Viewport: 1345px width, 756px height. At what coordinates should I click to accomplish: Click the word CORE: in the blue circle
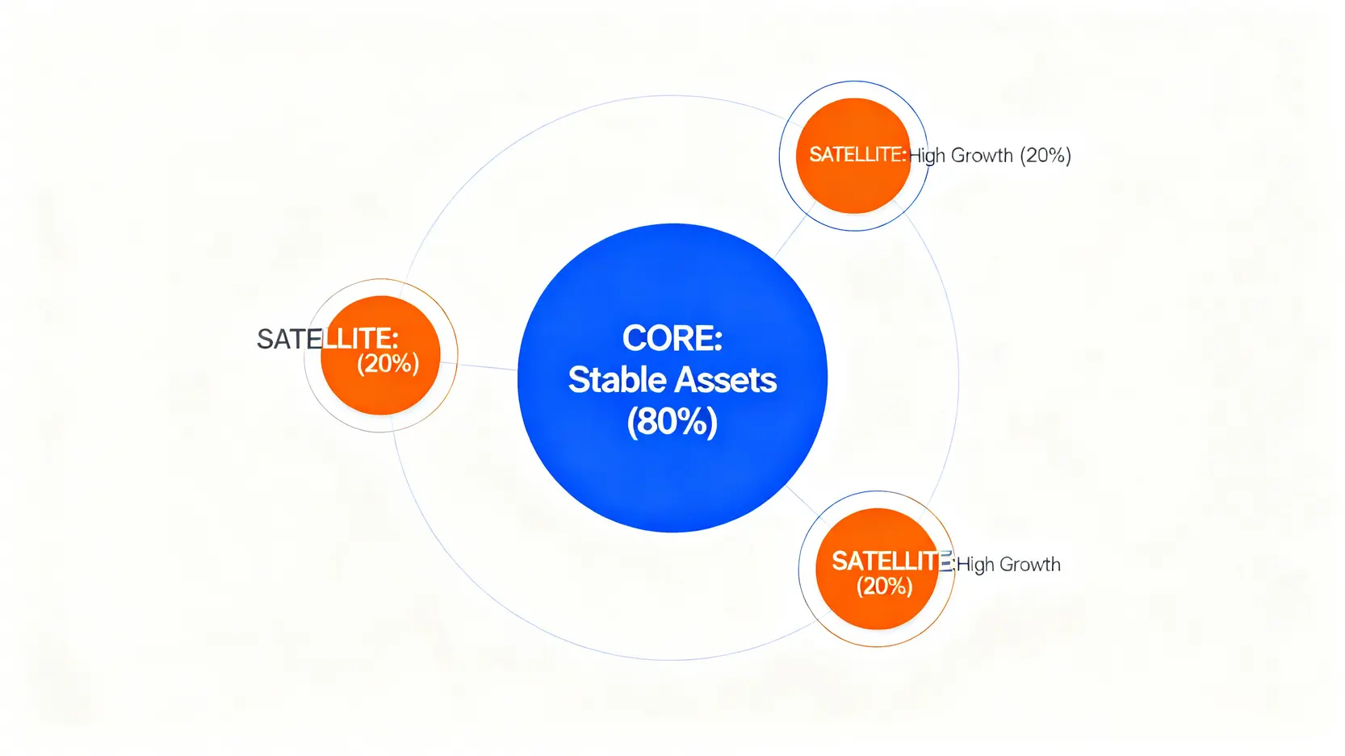[x=672, y=338]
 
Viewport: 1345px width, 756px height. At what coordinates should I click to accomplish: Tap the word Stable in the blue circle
[x=616, y=380]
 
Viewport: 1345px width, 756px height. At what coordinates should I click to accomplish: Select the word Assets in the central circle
[x=725, y=380]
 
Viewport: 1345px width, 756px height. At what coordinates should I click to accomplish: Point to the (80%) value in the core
[x=672, y=423]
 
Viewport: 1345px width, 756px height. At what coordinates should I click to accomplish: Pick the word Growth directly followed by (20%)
[x=983, y=156]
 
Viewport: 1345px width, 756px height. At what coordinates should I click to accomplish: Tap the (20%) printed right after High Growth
[x=1045, y=156]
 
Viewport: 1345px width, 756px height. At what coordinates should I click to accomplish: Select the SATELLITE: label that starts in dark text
[x=327, y=339]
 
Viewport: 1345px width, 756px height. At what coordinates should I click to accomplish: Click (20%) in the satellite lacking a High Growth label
[x=388, y=364]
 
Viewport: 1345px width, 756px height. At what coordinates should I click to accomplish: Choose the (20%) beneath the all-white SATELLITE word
[x=885, y=587]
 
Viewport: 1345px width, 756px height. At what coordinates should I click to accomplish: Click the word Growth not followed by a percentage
[x=1030, y=565]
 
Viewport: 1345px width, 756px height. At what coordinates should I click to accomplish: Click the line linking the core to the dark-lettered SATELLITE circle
[x=479, y=366]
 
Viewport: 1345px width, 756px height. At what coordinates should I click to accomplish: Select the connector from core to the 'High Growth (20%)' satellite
[x=794, y=231]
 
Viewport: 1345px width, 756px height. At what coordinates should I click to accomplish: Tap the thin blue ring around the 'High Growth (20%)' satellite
[x=779, y=156]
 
